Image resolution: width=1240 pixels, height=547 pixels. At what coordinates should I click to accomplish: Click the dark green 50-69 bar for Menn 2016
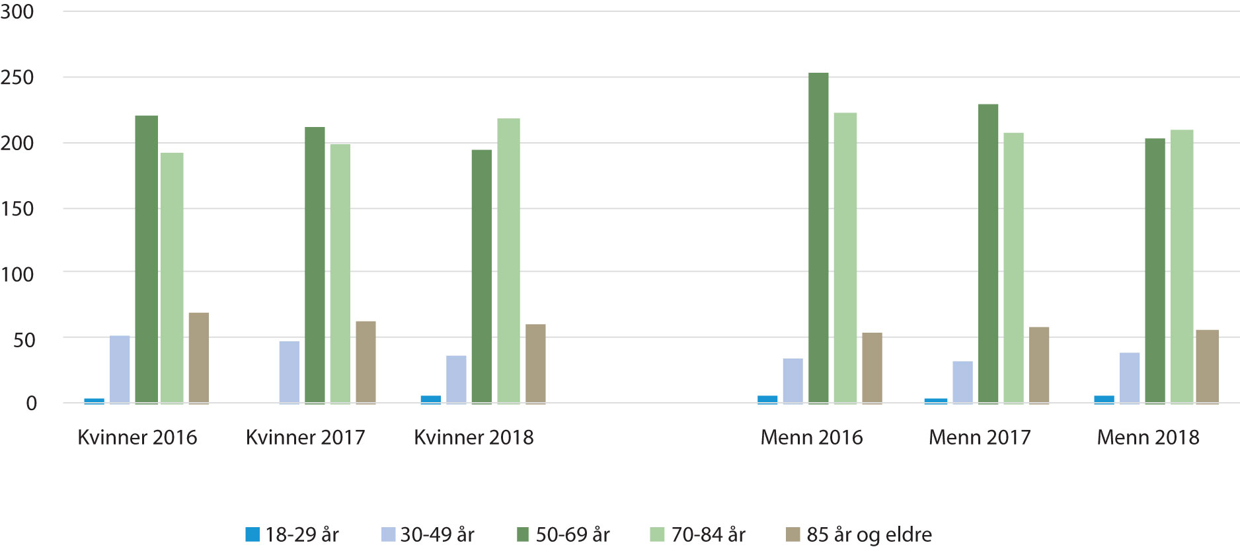(x=818, y=238)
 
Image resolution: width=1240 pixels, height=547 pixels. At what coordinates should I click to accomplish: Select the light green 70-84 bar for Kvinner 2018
(x=508, y=261)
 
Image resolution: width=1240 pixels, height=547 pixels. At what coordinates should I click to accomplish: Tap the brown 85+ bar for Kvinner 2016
(x=198, y=358)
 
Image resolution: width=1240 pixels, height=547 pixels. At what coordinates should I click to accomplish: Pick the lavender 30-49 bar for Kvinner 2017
(x=289, y=372)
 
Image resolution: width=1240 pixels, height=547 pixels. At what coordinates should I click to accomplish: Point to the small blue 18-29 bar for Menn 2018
(x=1104, y=400)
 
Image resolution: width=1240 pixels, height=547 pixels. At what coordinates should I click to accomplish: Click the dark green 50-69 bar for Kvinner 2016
(x=146, y=259)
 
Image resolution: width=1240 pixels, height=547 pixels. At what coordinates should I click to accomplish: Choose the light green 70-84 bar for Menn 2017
(x=1013, y=268)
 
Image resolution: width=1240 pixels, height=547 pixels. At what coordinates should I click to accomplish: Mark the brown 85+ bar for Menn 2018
(x=1207, y=366)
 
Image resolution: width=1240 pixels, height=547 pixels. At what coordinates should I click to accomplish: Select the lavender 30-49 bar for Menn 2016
(x=793, y=381)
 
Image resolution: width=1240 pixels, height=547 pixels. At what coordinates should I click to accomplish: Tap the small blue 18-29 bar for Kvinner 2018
(x=430, y=400)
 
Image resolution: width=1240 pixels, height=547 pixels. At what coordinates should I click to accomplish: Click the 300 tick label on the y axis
(x=17, y=12)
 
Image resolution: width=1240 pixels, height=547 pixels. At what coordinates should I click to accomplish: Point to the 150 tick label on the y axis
(x=17, y=209)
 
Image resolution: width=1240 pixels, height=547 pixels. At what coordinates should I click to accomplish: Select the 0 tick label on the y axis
(x=31, y=403)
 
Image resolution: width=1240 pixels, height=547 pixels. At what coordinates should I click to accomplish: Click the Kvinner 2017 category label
(x=305, y=437)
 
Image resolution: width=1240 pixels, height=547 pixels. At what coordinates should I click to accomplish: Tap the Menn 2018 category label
(x=1147, y=437)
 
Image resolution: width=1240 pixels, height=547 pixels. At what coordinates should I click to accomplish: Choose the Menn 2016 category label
(x=811, y=437)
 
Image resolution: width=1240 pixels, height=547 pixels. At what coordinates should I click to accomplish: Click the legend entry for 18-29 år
(x=291, y=534)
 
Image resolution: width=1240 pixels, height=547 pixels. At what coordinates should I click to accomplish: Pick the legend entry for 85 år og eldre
(x=859, y=534)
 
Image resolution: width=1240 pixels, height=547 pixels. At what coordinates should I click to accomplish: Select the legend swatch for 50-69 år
(x=523, y=534)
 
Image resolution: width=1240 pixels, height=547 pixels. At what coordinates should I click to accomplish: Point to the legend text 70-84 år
(x=708, y=534)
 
